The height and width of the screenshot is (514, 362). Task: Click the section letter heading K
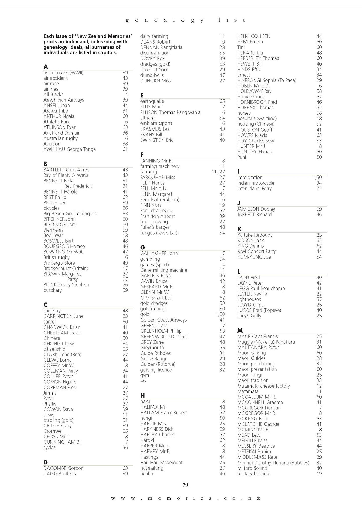(x=239, y=229)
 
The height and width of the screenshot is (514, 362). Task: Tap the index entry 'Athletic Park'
(x=57, y=122)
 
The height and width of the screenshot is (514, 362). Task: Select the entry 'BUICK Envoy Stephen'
(x=66, y=285)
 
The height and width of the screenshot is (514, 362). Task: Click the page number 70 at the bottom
(x=185, y=485)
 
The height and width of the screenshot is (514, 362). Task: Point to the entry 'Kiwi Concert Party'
(x=256, y=251)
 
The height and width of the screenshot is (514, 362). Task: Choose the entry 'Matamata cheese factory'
(x=264, y=386)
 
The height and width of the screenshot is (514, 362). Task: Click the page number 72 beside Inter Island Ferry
(x=319, y=189)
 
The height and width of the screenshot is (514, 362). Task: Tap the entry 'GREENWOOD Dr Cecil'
(x=164, y=337)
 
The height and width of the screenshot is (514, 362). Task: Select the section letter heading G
(x=142, y=247)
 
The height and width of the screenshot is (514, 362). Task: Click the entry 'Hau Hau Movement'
(x=161, y=463)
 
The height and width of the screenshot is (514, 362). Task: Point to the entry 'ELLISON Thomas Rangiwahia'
(x=170, y=112)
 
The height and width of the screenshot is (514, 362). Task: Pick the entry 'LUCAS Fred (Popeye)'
(x=259, y=310)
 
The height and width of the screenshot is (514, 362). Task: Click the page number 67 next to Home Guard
(x=319, y=97)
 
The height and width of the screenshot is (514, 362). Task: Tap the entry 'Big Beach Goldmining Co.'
(x=71, y=214)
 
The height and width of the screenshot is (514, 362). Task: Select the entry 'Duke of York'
(x=154, y=70)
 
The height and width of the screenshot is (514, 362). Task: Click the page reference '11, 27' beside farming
(x=218, y=172)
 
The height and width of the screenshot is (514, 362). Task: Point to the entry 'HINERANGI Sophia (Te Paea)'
(x=267, y=80)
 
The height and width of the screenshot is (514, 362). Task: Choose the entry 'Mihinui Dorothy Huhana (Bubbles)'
(x=273, y=463)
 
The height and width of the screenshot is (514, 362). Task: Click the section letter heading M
(x=240, y=331)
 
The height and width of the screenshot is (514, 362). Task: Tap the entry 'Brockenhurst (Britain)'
(x=66, y=268)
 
